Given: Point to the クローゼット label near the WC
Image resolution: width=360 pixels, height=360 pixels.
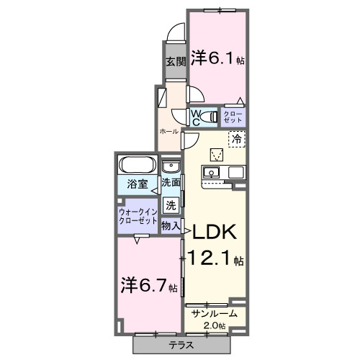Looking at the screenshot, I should [234, 116].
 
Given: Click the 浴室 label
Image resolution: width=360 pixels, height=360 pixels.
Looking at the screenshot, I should [138, 184].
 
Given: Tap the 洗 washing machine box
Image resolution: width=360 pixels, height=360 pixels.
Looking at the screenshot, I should [171, 204].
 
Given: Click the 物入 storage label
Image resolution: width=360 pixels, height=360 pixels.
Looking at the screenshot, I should [171, 226].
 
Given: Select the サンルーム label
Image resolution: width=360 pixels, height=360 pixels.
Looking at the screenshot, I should [213, 314].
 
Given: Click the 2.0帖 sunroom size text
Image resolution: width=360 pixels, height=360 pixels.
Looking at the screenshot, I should [214, 326].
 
